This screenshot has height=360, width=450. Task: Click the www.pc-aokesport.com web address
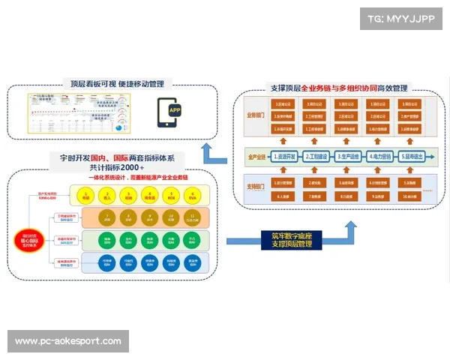click(68, 341)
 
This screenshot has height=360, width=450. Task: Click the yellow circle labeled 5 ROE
click(171, 196)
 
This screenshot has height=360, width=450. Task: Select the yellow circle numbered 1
click(86, 196)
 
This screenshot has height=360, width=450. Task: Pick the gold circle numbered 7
click(108, 218)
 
